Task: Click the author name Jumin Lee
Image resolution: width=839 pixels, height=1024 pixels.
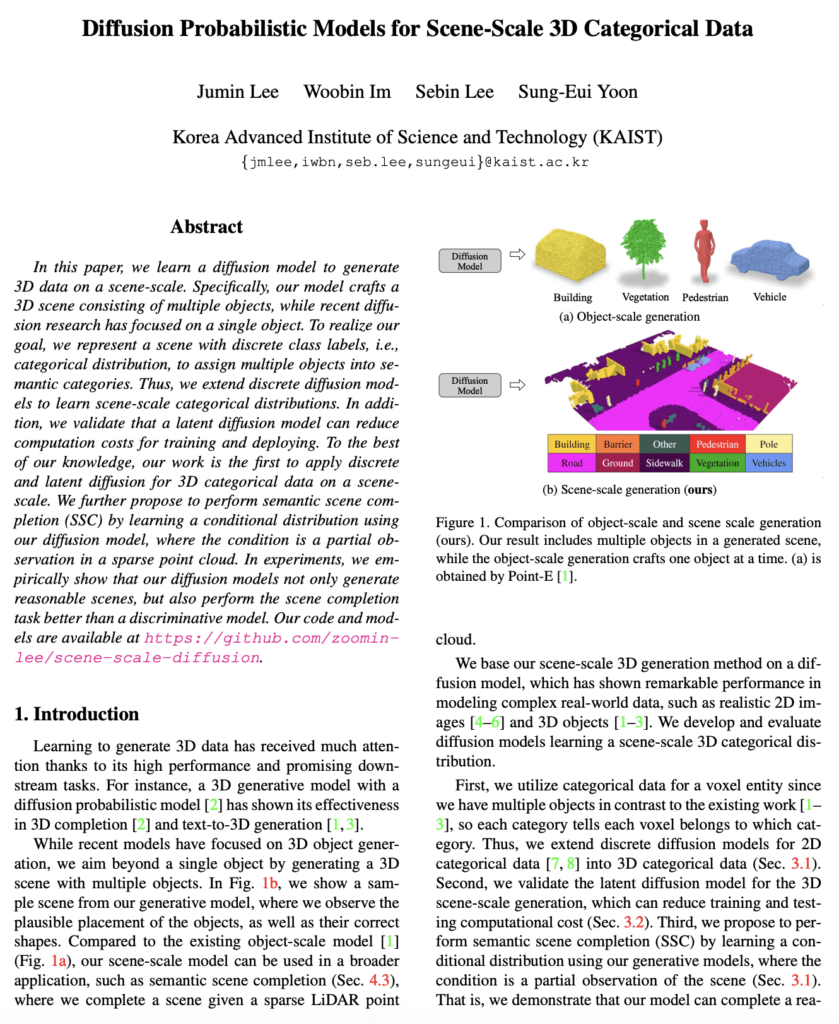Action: click(x=237, y=92)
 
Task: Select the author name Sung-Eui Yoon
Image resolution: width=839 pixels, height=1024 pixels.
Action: click(x=577, y=92)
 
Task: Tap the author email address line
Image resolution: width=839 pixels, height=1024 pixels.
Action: click(x=414, y=162)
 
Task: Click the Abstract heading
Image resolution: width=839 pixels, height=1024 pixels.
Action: click(x=206, y=227)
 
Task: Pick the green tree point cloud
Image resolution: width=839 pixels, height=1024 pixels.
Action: click(x=643, y=246)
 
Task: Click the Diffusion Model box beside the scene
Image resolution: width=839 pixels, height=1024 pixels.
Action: click(x=470, y=385)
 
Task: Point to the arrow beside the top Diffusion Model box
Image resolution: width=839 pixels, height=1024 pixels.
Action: click(x=517, y=254)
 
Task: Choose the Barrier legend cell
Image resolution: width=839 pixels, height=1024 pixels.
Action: click(x=618, y=444)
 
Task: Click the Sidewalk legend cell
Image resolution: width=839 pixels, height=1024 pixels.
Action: click(x=664, y=463)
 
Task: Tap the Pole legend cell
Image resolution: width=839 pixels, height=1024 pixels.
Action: click(x=768, y=444)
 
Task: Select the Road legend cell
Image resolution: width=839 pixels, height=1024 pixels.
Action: click(x=572, y=463)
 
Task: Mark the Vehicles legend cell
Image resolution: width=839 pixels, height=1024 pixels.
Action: click(x=768, y=463)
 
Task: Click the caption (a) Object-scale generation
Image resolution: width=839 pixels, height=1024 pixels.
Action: click(x=629, y=316)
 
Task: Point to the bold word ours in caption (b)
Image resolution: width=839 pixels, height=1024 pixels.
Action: click(x=700, y=489)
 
